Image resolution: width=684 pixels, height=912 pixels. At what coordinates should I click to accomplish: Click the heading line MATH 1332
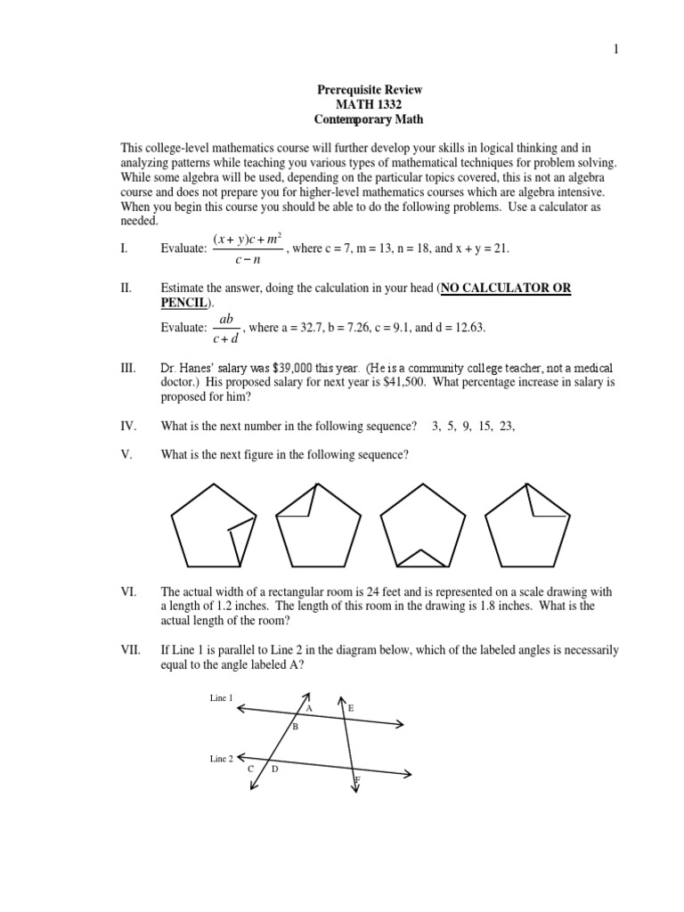point(370,104)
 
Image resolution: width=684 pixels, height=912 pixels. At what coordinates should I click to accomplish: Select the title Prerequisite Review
point(370,90)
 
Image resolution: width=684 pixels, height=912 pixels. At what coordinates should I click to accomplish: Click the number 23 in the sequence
point(506,427)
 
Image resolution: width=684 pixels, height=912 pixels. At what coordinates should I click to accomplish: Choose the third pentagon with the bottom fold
point(423,525)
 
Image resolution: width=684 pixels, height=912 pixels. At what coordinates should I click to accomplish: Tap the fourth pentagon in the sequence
point(527,525)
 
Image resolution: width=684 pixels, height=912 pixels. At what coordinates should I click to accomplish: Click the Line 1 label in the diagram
point(221,698)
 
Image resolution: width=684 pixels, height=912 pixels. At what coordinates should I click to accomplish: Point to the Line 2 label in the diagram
point(221,758)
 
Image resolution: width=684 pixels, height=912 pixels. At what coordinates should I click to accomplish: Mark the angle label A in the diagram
point(309,708)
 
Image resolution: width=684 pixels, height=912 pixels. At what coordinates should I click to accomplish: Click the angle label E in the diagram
point(351,708)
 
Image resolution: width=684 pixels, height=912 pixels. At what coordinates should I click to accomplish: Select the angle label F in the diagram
point(357,780)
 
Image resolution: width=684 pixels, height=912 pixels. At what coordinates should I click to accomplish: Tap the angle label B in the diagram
point(295,728)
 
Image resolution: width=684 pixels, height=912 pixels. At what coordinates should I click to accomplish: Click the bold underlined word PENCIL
point(182,303)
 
